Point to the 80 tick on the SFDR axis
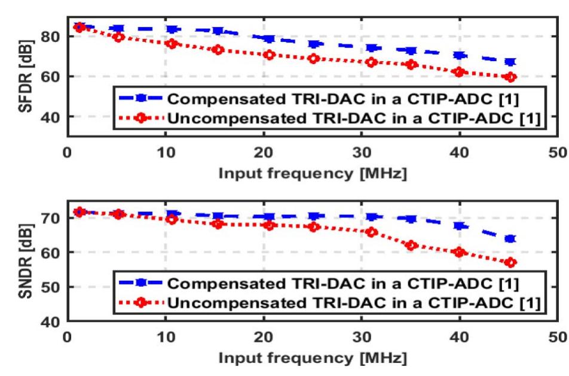point(51,37)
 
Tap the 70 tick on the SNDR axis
point(51,219)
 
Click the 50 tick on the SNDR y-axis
point(51,287)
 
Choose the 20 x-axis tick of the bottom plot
point(264,336)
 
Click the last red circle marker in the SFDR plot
point(510,77)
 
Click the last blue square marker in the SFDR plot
point(510,62)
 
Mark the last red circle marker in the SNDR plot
point(510,263)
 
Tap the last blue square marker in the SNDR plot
point(510,239)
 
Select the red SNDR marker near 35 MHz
point(411,245)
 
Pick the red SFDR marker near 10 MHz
point(171,44)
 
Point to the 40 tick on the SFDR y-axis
point(51,116)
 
